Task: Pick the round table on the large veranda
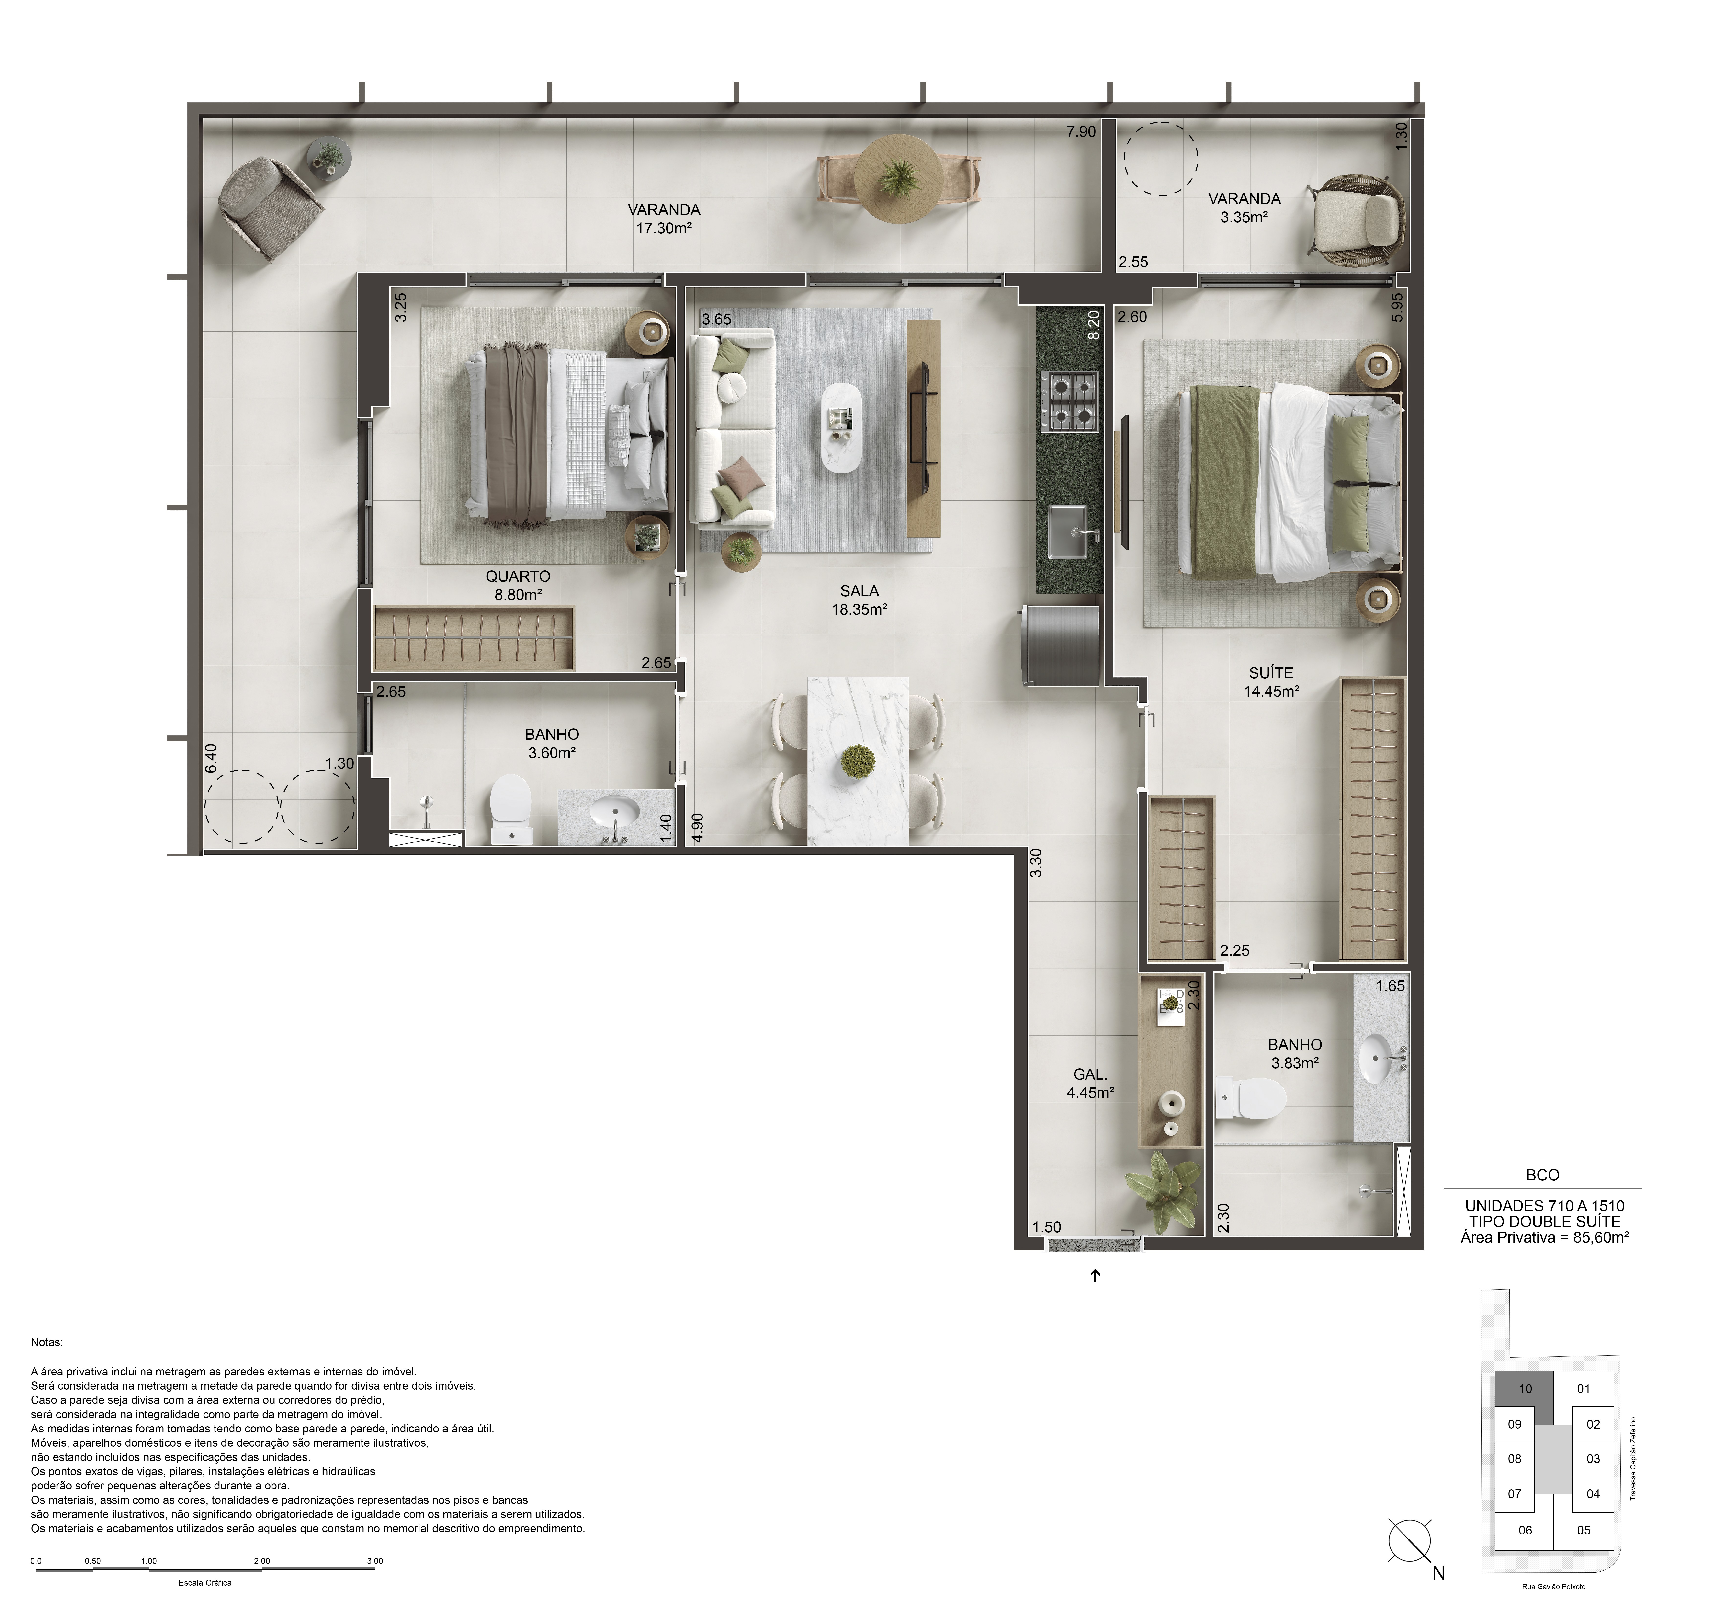[899, 180]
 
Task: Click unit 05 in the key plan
[1583, 1530]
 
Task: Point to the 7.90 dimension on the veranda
[1081, 132]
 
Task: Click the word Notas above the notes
[47, 1342]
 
